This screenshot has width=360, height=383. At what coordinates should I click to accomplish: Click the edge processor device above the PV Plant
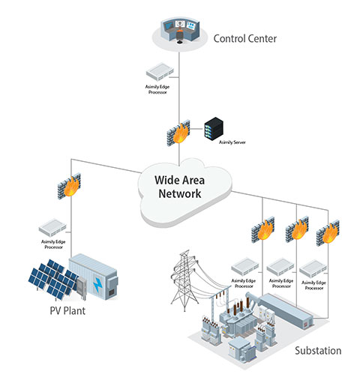(55, 225)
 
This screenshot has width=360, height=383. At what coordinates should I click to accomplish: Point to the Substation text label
(317, 350)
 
